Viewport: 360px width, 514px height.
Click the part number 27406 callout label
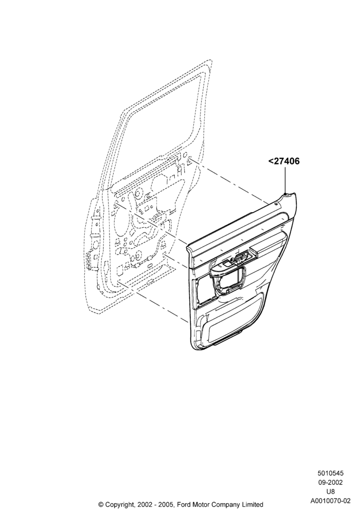tap(284, 161)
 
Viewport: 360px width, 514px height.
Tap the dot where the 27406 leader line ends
tap(285, 194)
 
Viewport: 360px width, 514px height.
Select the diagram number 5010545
tap(330, 473)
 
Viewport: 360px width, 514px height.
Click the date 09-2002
tap(330, 483)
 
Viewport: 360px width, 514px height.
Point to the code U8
tap(330, 492)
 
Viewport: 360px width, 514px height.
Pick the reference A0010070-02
tap(330, 501)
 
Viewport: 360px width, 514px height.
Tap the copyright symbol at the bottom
tap(101, 504)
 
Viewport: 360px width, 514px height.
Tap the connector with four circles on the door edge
tap(89, 261)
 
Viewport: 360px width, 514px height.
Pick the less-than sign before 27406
tap(271, 161)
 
